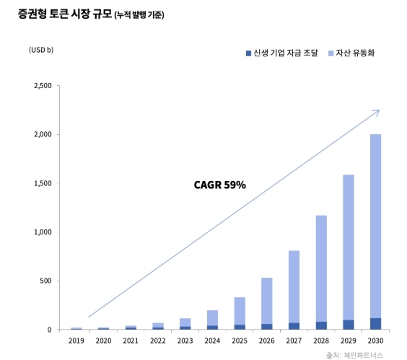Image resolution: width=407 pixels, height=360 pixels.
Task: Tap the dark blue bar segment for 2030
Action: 375,324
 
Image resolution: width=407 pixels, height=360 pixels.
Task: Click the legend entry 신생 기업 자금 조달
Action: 281,54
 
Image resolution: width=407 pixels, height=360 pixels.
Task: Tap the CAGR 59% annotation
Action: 220,185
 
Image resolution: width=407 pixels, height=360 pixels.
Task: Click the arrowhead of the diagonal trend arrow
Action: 377,112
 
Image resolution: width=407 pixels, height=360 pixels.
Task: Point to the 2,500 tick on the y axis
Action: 42,86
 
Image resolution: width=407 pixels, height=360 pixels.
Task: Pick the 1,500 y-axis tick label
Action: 42,183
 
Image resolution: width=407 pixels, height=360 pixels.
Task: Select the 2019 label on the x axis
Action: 76,340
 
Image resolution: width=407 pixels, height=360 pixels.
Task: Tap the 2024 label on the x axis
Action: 212,340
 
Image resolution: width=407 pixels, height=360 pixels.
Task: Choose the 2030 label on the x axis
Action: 375,340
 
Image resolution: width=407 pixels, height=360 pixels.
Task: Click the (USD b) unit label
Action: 41,50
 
